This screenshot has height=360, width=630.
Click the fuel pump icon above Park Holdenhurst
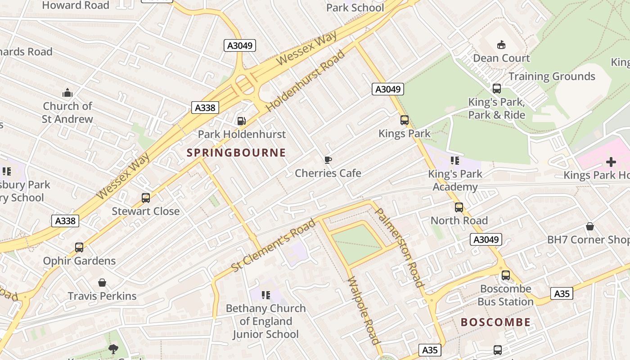(x=241, y=121)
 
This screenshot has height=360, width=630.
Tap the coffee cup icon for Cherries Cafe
(x=328, y=160)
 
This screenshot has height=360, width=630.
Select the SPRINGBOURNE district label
(x=236, y=153)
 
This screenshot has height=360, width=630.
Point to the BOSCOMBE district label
(x=495, y=322)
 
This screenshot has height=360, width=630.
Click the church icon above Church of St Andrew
(x=67, y=93)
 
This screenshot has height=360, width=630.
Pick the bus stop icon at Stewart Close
(x=145, y=198)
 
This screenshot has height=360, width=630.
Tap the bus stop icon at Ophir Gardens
(x=79, y=247)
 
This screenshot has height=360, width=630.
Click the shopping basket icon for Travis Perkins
(x=102, y=283)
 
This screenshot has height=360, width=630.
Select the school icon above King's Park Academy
(x=454, y=161)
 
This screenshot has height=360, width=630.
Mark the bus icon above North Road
(x=459, y=207)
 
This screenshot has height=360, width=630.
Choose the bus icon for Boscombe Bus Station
(x=506, y=275)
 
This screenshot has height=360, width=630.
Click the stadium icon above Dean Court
(x=501, y=45)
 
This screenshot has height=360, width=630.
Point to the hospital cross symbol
(x=611, y=162)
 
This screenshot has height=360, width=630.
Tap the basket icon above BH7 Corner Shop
(x=589, y=226)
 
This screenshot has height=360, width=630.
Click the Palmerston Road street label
(x=399, y=247)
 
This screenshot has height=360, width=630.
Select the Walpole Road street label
(x=364, y=310)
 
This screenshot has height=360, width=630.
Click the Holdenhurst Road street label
(x=305, y=81)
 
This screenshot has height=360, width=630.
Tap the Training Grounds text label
(x=552, y=76)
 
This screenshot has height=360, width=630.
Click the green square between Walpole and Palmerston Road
(x=356, y=244)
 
